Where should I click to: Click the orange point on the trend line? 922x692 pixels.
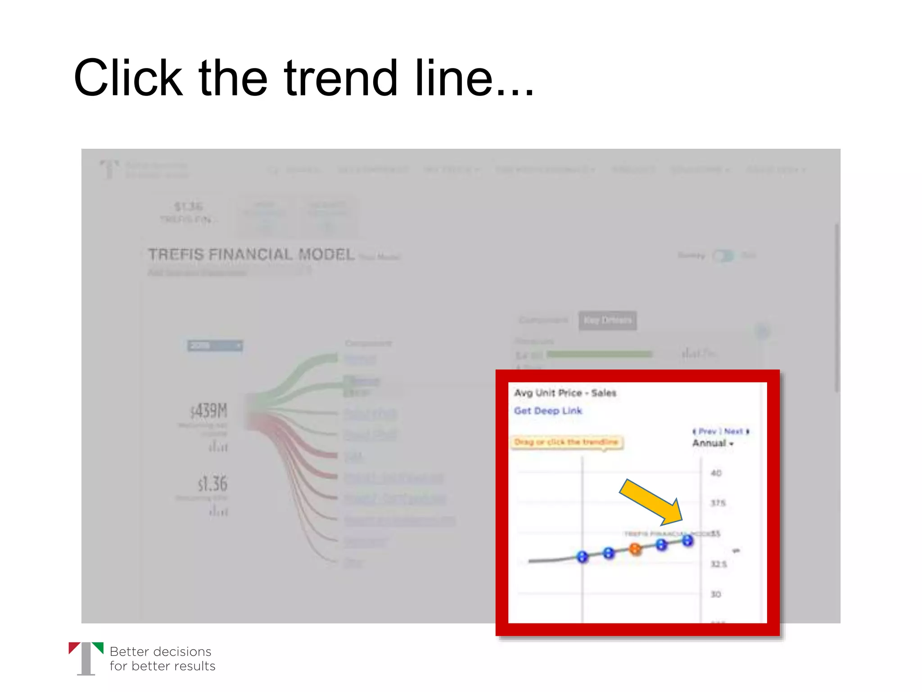[635, 549]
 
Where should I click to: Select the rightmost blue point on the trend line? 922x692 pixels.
[687, 540]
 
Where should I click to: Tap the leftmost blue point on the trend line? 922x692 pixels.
[583, 557]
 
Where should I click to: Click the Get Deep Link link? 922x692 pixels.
[548, 411]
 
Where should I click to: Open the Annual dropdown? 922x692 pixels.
[713, 443]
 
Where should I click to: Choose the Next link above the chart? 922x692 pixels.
[735, 431]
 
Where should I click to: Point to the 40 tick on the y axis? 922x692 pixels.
[716, 473]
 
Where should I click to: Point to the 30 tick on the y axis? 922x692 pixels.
[716, 594]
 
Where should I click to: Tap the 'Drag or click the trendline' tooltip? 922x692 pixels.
[567, 442]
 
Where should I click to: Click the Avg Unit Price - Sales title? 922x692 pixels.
[565, 393]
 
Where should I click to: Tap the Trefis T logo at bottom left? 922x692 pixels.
[86, 658]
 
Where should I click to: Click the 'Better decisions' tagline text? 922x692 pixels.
[160, 651]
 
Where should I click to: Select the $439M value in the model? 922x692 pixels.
[209, 411]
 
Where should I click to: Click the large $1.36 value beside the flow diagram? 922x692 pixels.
[212, 484]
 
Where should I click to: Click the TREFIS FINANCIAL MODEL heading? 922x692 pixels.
[251, 255]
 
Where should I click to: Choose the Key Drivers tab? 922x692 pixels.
[607, 320]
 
